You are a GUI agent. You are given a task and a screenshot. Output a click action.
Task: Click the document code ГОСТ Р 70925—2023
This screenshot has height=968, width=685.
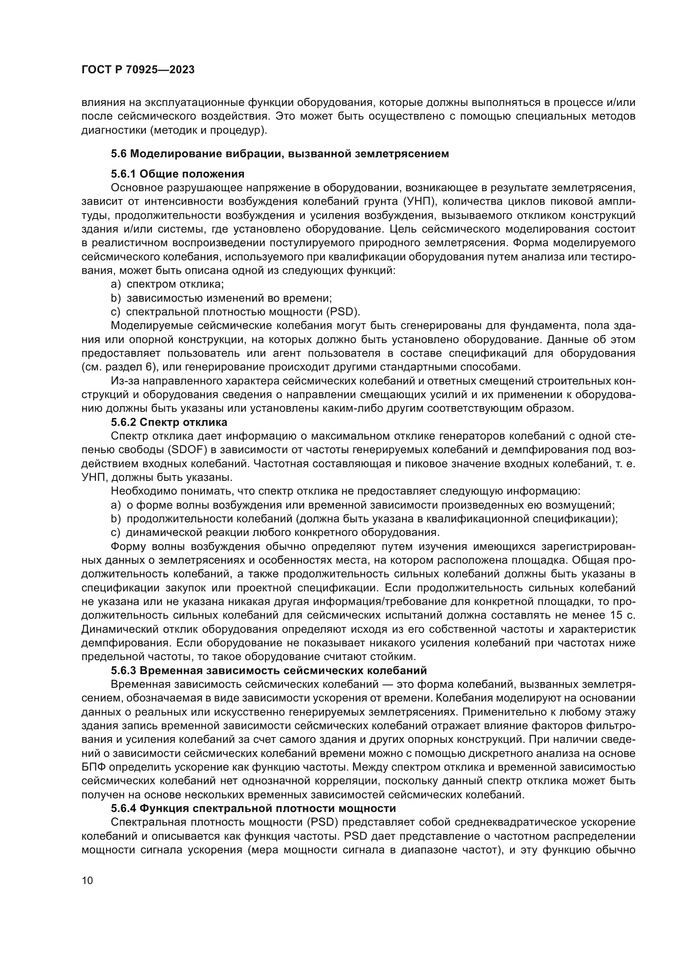138,70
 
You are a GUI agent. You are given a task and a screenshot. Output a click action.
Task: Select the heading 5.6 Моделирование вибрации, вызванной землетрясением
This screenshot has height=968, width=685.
280,154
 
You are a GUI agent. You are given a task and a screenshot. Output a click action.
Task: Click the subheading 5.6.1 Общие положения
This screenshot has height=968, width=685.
178,174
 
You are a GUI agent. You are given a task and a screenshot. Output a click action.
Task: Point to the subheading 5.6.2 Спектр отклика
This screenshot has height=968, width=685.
169,423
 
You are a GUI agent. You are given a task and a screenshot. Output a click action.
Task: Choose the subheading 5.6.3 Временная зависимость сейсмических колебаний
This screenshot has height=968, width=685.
269,670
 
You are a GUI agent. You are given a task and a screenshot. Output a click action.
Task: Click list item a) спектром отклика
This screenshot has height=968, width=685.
167,284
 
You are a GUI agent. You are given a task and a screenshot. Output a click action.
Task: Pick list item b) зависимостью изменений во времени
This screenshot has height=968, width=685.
222,298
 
